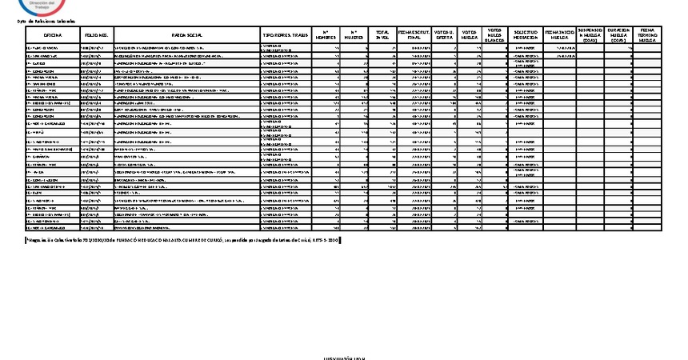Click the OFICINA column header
pyautogui.click(x=53, y=36)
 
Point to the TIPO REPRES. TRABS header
pyautogui.click(x=285, y=36)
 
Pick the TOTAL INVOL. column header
pyautogui.click(x=383, y=36)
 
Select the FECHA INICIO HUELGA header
pyautogui.click(x=559, y=36)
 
